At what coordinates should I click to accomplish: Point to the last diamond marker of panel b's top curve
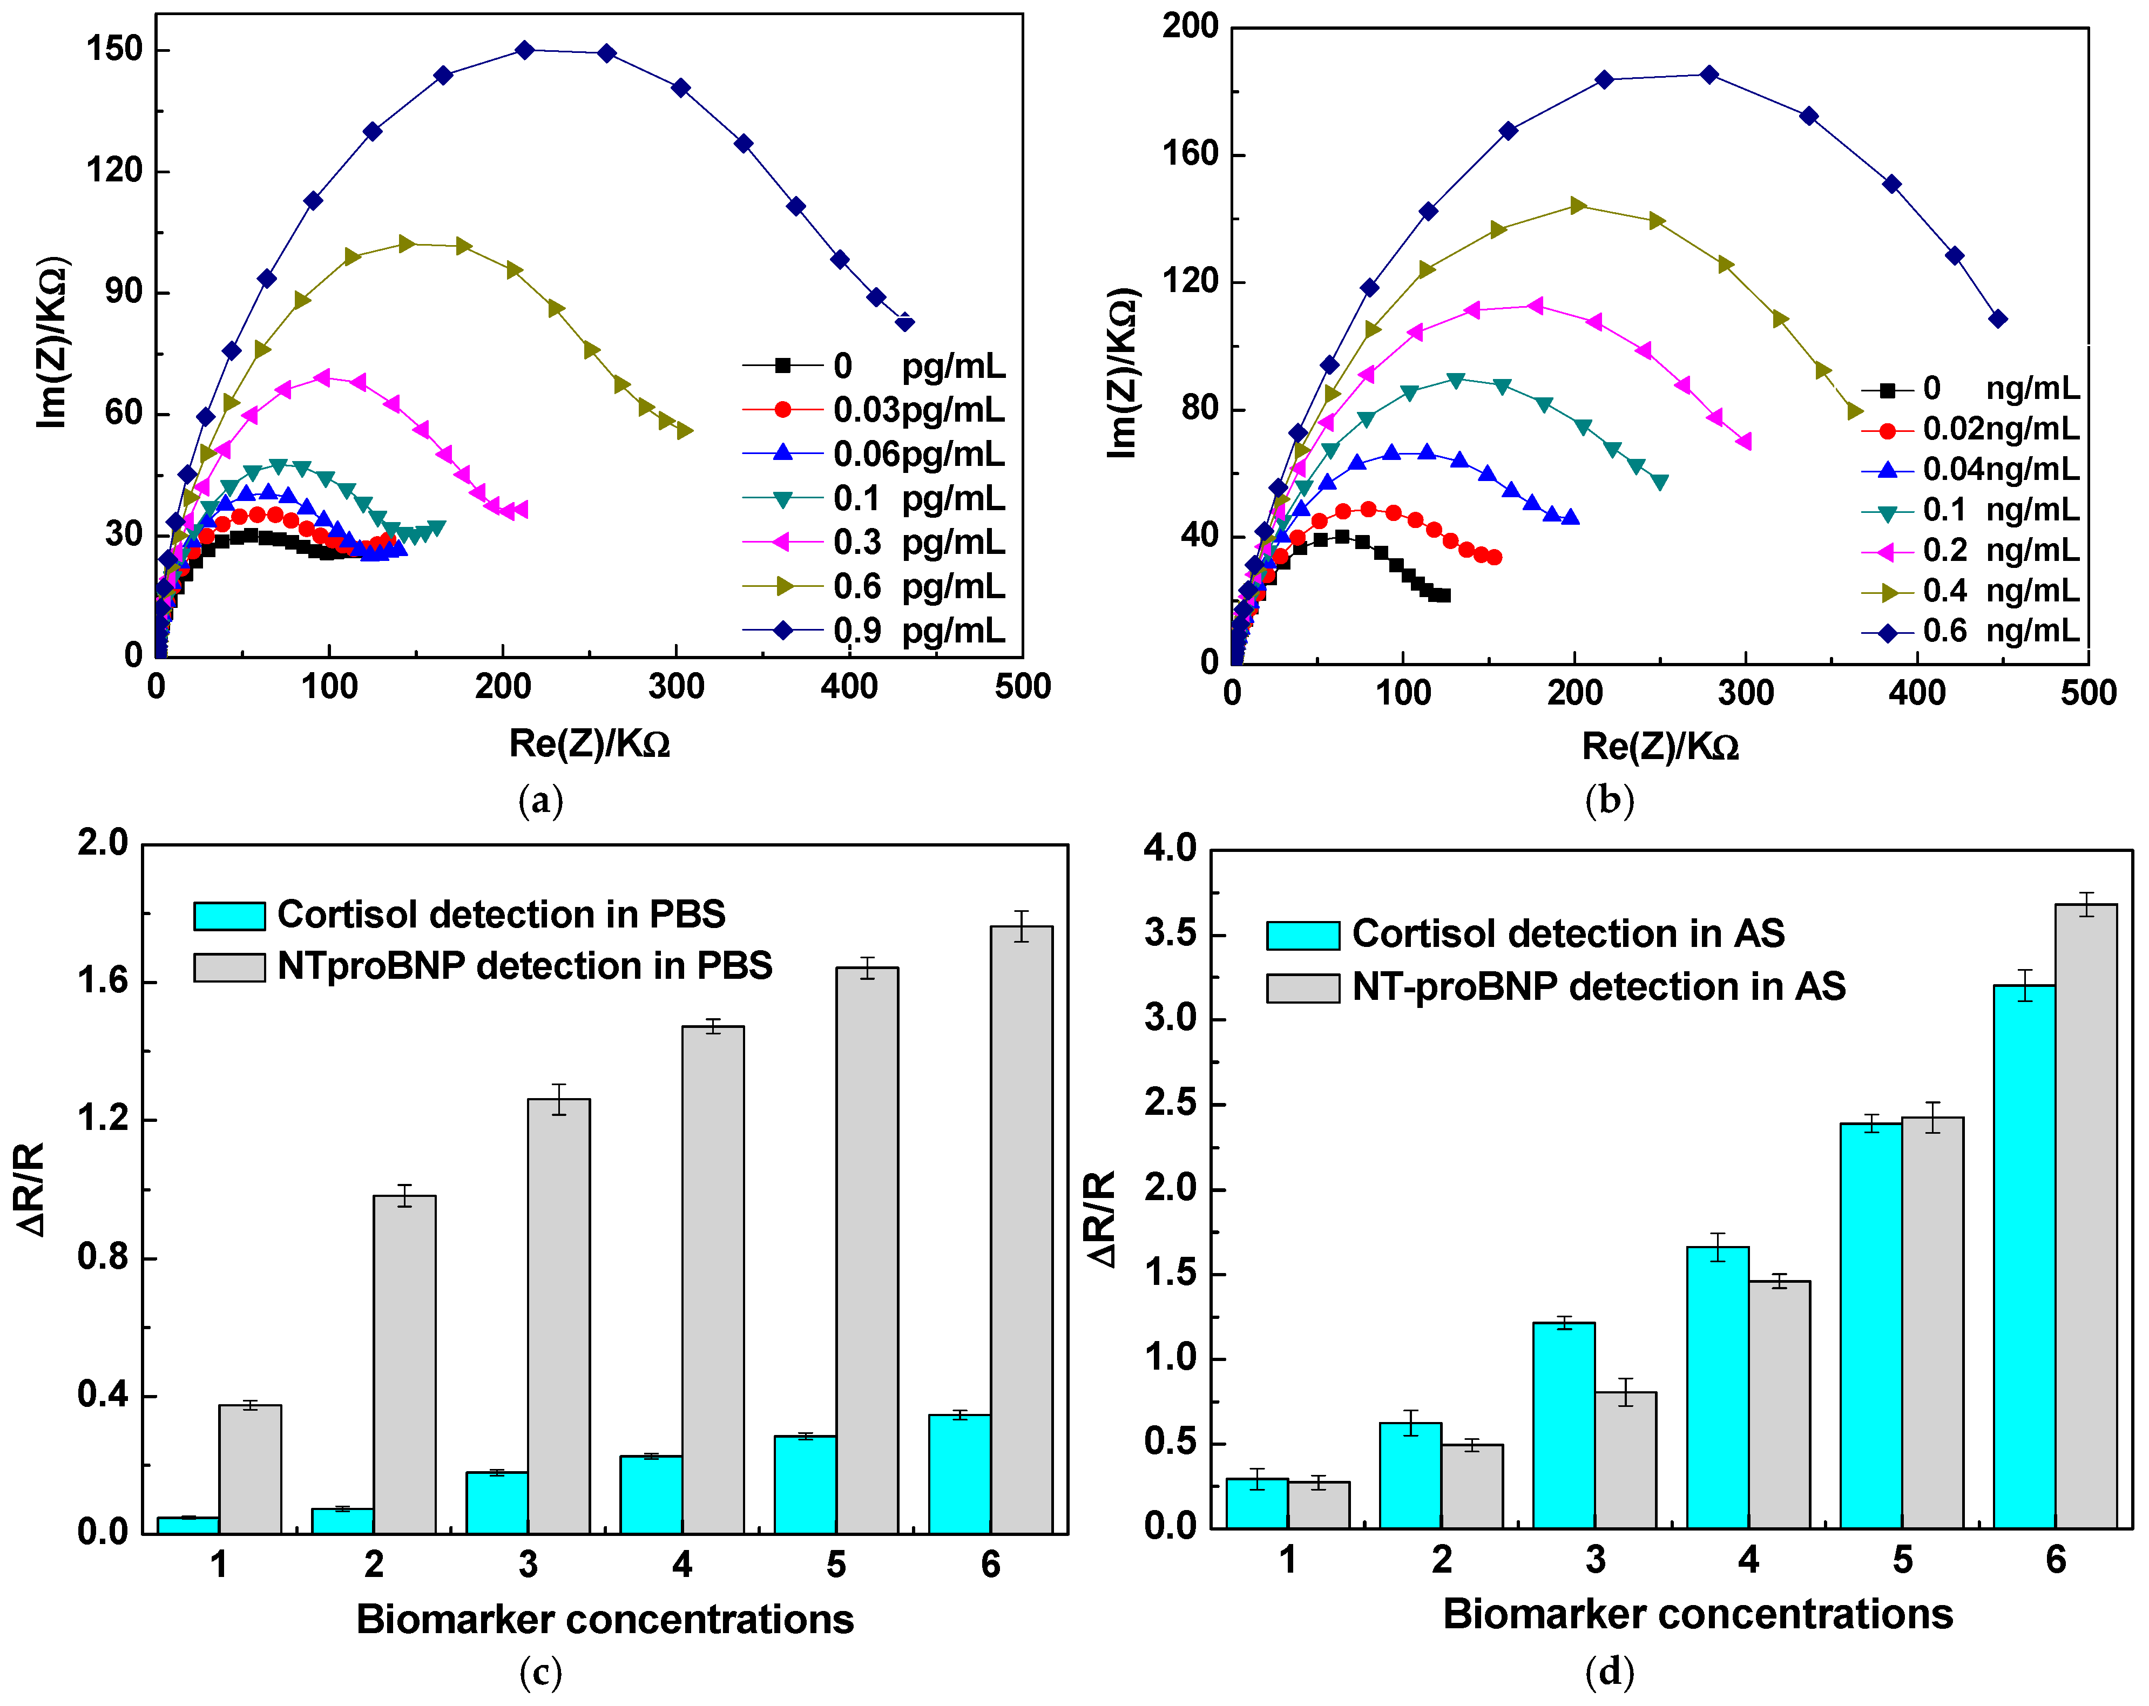pos(1997,319)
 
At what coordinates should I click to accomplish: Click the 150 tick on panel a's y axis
pos(114,49)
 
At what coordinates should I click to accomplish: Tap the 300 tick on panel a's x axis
pos(676,687)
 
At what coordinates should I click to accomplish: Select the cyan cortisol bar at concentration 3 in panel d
pos(1563,1425)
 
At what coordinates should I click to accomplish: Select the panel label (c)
pos(540,1672)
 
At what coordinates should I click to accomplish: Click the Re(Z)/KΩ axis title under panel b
pos(1660,746)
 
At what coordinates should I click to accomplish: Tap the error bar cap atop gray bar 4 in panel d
pos(1779,1275)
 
